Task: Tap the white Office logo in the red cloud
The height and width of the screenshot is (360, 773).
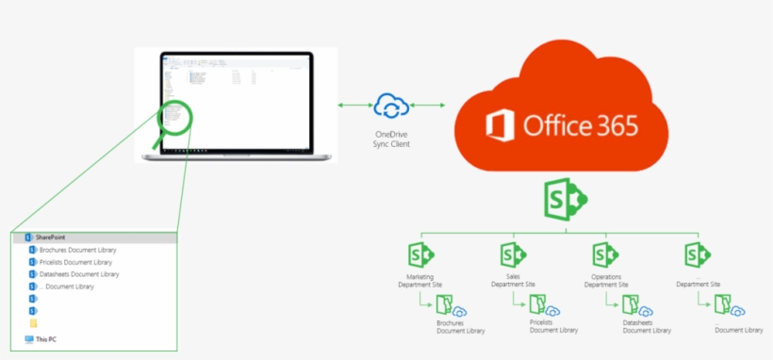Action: (x=502, y=125)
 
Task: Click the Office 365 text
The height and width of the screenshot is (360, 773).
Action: (x=582, y=126)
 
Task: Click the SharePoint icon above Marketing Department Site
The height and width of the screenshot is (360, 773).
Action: (x=420, y=255)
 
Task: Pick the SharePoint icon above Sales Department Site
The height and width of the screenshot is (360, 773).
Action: (x=513, y=255)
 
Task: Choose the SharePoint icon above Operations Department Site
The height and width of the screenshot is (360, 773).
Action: (x=605, y=255)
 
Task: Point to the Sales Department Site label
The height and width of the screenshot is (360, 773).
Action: (x=513, y=280)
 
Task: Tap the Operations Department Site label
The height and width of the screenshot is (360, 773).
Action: (x=605, y=280)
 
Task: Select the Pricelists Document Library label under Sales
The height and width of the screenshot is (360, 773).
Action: (x=553, y=326)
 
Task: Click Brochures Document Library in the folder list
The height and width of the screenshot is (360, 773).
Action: (x=79, y=250)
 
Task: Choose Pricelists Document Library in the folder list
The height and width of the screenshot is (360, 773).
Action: (x=78, y=262)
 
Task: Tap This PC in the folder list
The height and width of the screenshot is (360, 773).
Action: (x=46, y=338)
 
